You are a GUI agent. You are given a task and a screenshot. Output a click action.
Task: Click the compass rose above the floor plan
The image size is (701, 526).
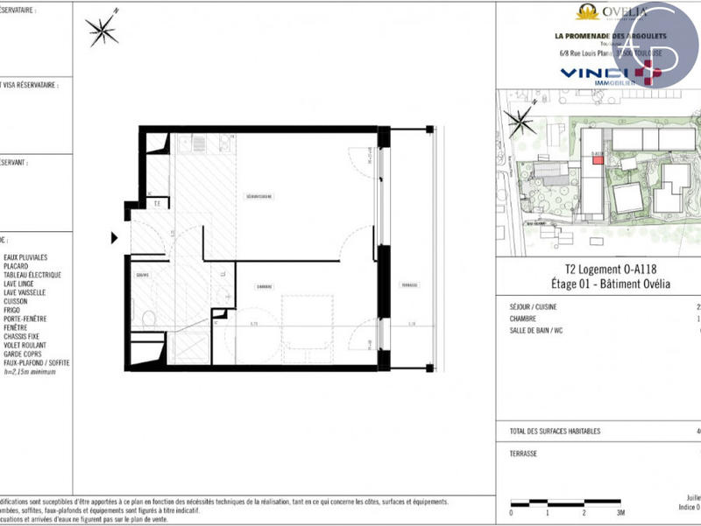pos(103,31)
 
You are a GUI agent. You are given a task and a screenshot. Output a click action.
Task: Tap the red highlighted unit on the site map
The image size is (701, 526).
pos(598,160)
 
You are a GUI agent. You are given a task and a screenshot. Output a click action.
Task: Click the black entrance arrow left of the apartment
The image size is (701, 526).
pos(113,237)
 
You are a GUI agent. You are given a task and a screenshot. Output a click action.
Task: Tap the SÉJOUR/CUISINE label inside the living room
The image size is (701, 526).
pos(259,196)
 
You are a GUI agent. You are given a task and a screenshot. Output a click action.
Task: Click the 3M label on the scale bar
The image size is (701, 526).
pos(620,513)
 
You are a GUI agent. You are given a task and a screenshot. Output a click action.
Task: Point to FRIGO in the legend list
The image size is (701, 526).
pos(13,310)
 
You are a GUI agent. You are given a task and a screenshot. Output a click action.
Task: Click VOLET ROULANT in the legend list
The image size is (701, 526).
pos(26,345)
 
